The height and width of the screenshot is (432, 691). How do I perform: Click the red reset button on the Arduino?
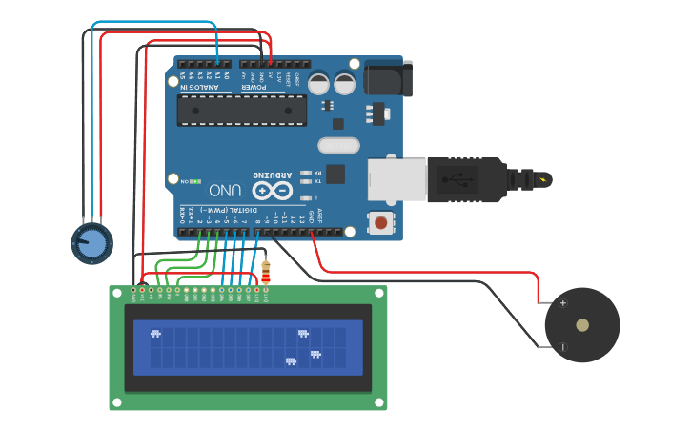point(381,223)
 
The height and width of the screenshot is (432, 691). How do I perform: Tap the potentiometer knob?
point(92,243)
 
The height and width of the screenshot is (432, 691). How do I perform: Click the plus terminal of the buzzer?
point(562,303)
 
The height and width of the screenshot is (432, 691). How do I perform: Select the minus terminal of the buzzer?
point(562,347)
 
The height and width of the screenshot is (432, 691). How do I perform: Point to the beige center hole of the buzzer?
point(582,325)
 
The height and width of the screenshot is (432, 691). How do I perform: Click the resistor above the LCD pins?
point(265,272)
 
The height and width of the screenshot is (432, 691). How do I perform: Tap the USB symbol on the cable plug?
point(461,179)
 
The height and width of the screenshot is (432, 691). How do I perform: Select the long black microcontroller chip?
point(242,111)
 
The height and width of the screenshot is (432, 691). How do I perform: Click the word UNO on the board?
point(225,190)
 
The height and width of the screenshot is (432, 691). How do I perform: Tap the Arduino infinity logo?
point(272,190)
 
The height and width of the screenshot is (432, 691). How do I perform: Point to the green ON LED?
point(194,180)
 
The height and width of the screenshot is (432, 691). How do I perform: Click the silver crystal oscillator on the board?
point(338,146)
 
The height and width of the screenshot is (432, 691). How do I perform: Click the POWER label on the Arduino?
point(254,88)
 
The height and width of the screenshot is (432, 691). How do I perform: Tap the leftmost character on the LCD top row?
point(155,334)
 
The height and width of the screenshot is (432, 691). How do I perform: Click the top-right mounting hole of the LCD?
point(378,294)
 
